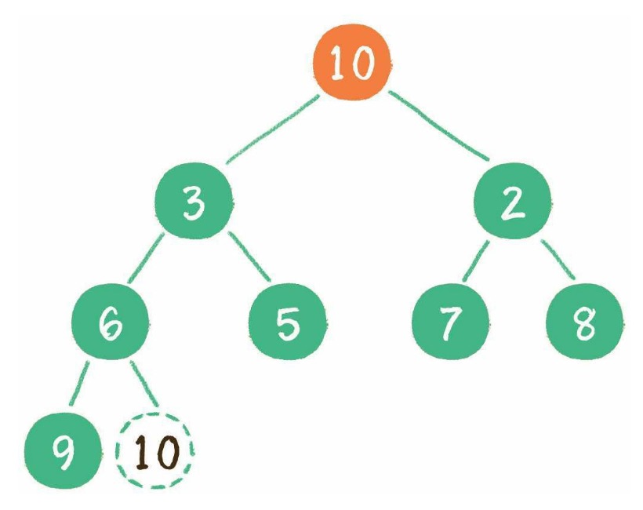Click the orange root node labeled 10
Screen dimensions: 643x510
click(351, 62)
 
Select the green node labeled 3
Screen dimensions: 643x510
click(194, 201)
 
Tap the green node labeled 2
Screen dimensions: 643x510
click(512, 201)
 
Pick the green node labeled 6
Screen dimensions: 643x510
click(110, 322)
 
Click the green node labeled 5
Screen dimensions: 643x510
click(288, 322)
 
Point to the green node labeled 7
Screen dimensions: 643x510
click(451, 322)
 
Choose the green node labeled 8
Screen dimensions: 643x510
click(585, 322)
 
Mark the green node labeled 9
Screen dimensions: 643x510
click(62, 450)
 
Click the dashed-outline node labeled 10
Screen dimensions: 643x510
click(155, 450)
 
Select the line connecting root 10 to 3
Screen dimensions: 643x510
click(273, 129)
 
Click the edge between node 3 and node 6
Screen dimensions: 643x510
click(146, 258)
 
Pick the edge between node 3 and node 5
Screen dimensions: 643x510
click(249, 257)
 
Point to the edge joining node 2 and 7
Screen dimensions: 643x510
click(476, 261)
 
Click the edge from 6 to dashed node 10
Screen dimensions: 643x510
click(143, 384)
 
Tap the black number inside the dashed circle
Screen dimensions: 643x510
click(157, 452)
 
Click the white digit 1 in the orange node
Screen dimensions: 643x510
click(338, 62)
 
